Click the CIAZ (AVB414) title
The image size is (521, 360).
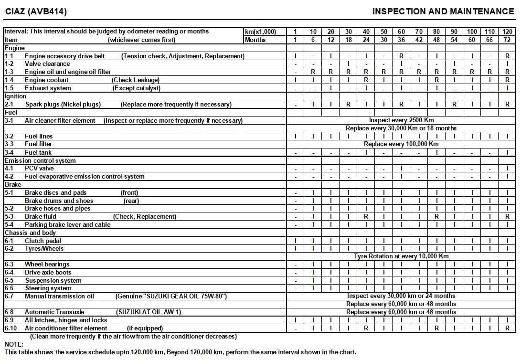(36, 11)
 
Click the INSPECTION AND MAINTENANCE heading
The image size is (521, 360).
(443, 11)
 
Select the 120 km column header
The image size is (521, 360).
(507, 32)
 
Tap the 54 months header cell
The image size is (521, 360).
(454, 40)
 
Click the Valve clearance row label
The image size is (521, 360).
(47, 64)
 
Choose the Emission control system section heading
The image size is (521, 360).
(40, 161)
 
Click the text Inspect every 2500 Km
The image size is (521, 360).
(401, 120)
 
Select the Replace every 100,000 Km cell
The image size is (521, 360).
(401, 144)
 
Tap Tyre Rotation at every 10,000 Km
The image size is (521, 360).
(401, 256)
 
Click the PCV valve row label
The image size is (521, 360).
(39, 169)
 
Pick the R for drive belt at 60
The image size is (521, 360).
(401, 56)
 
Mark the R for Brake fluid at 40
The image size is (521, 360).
(366, 216)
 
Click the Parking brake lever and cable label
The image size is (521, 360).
(67, 224)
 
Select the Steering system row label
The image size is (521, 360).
(48, 288)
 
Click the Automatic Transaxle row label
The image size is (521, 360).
(54, 312)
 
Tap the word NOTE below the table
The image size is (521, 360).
(14, 344)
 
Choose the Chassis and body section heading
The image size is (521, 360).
(30, 233)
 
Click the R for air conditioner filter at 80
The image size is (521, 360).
(436, 328)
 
